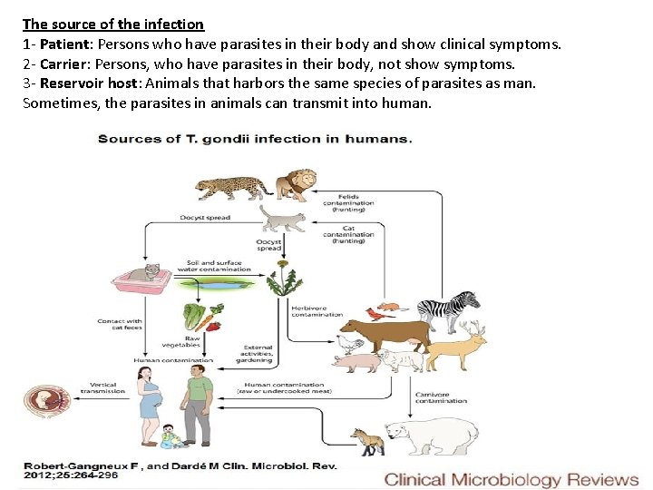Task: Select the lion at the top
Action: [296, 184]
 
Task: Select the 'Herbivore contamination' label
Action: [317, 310]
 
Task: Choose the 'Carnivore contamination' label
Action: [441, 397]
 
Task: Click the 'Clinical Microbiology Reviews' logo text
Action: [512, 480]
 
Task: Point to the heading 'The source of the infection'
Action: [113, 24]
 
